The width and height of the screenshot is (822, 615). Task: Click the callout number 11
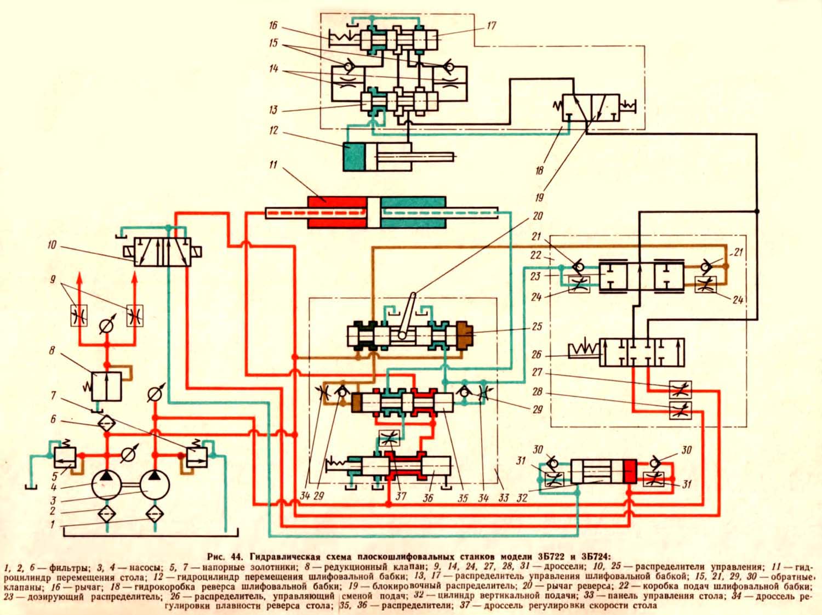pyautogui.click(x=273, y=164)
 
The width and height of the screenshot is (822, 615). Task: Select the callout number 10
pyautogui.click(x=52, y=245)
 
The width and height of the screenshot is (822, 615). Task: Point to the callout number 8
pyautogui.click(x=52, y=350)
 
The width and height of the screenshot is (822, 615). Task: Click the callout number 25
pyautogui.click(x=537, y=327)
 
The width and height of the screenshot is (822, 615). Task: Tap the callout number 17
pyautogui.click(x=491, y=26)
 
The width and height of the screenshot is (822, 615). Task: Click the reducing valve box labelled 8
pyautogui.click(x=106, y=386)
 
